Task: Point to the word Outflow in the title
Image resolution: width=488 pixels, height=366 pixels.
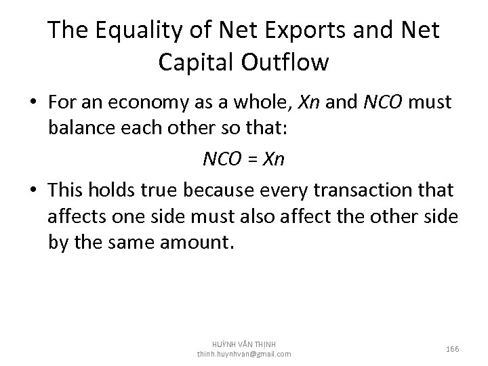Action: [291, 62]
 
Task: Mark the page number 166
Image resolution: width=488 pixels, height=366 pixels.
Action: [453, 349]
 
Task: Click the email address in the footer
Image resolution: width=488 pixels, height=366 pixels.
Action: [244, 354]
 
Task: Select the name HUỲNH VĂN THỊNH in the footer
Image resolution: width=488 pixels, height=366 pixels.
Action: [244, 344]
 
